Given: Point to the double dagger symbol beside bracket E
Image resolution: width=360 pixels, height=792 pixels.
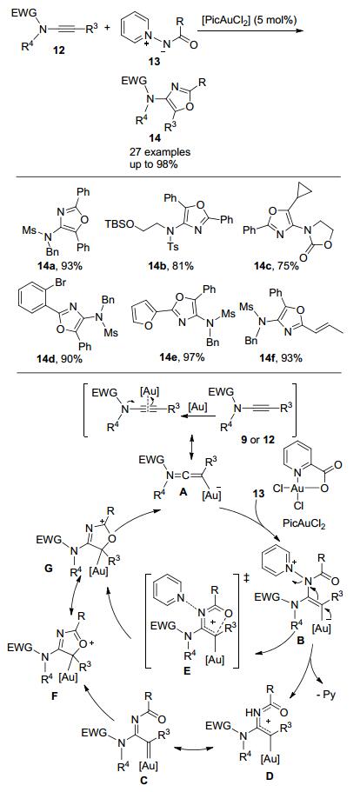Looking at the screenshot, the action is click(x=246, y=575).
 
